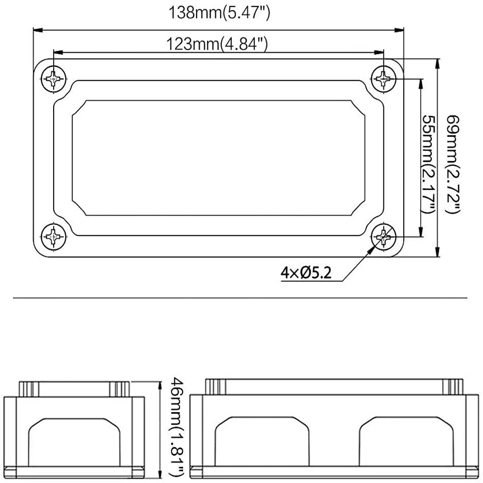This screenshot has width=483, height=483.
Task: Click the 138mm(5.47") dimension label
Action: (x=219, y=13)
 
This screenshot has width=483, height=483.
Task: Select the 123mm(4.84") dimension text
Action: (x=217, y=44)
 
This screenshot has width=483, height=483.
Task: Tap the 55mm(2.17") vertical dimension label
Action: (x=428, y=164)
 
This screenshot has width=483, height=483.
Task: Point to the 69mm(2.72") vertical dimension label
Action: (x=453, y=164)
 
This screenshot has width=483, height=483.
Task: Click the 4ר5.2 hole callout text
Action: (x=306, y=273)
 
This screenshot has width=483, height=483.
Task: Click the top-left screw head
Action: (x=54, y=79)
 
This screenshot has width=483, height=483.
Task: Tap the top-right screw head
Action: (x=384, y=79)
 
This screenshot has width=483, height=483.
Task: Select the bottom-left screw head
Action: (x=54, y=237)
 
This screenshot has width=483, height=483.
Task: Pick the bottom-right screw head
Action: (x=384, y=237)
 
